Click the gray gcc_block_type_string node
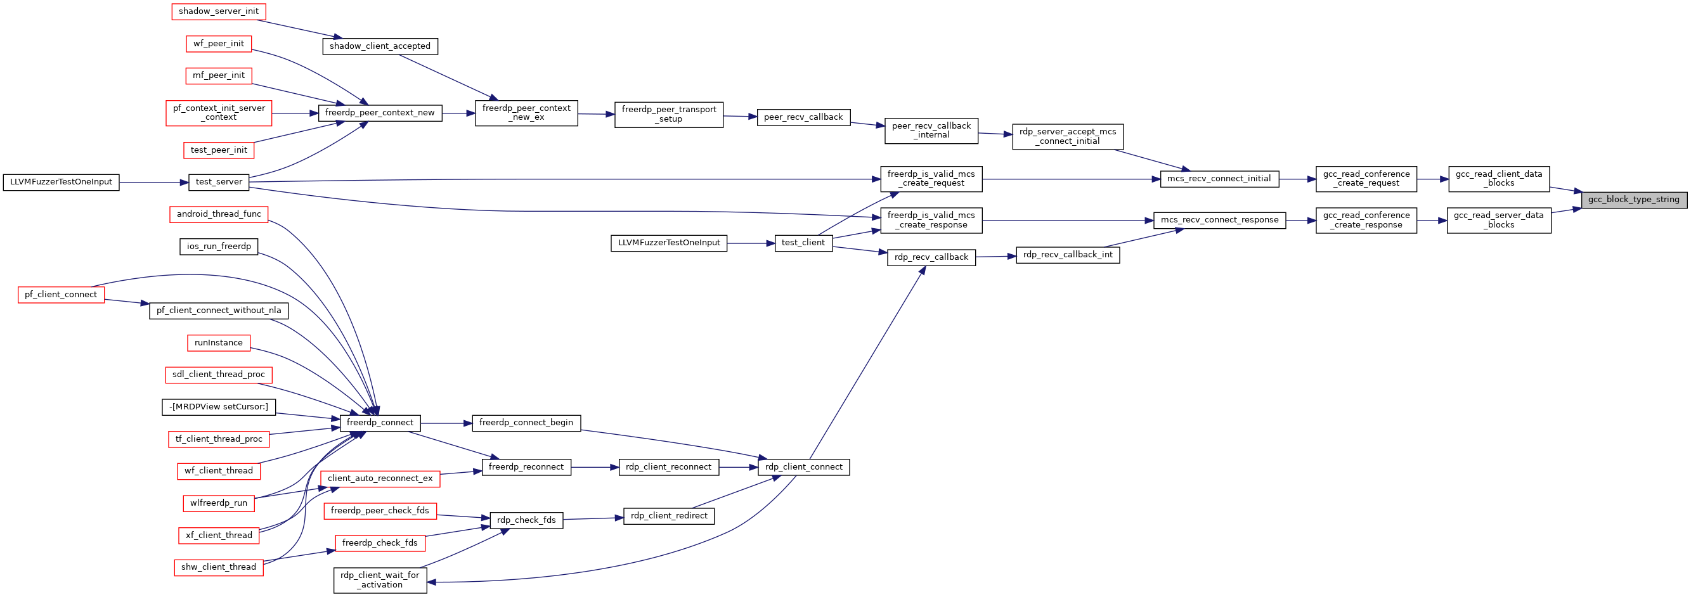coord(1634,200)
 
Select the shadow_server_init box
coord(219,11)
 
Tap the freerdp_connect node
coord(380,423)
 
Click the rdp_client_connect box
coord(803,467)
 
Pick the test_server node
coord(219,183)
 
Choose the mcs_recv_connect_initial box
coord(1219,179)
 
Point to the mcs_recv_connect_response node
coord(1220,221)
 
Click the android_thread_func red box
coord(219,214)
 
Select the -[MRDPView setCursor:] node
coord(219,408)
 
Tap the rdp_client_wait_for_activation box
coord(380,581)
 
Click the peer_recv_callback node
coord(803,117)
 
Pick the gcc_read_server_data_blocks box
coord(1499,221)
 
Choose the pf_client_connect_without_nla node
coord(219,311)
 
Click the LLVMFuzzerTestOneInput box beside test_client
coord(669,243)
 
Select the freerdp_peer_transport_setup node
coord(669,115)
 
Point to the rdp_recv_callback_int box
coord(1068,255)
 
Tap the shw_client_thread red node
coord(219,567)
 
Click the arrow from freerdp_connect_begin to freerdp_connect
coord(446,423)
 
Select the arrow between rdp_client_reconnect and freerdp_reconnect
coord(595,467)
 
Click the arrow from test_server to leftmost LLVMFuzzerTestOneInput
coord(153,183)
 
